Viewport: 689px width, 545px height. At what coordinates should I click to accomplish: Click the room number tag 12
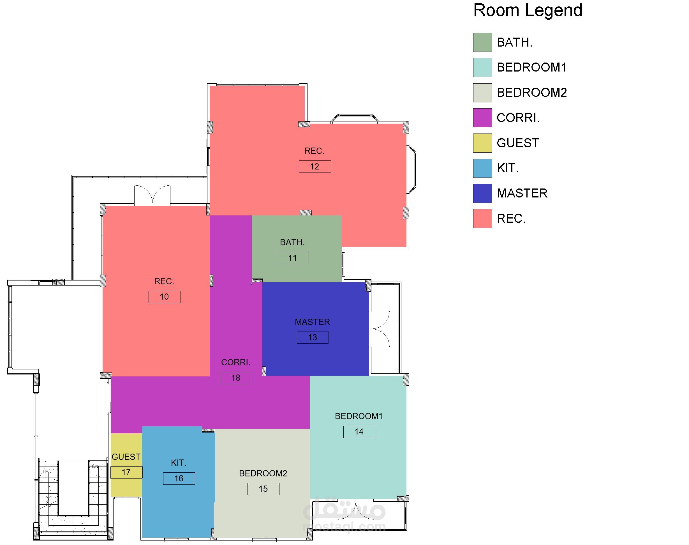[x=315, y=167]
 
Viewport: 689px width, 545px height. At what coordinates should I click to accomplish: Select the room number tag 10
[x=165, y=297]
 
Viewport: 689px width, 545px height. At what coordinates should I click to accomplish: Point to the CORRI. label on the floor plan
[x=236, y=362]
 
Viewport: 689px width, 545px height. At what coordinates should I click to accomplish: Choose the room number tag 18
[x=236, y=378]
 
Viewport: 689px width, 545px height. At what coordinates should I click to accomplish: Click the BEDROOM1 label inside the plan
[x=359, y=416]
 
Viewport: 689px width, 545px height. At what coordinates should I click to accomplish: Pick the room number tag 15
[x=263, y=489]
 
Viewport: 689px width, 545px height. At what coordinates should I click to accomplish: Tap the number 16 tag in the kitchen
[x=179, y=479]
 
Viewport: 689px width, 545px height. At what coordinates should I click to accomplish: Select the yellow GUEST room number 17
[x=126, y=473]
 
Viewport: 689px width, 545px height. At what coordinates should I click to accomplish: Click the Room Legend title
[x=528, y=10]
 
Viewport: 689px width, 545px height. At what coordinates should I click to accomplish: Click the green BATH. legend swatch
[x=482, y=42]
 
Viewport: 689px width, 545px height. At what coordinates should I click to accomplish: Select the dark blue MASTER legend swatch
[x=482, y=193]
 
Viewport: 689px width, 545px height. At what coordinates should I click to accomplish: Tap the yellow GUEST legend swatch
[x=482, y=143]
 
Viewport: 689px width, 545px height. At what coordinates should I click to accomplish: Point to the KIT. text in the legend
[x=508, y=168]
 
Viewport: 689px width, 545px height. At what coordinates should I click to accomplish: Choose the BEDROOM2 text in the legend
[x=532, y=93]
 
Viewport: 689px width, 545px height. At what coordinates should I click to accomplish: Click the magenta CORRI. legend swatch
[x=482, y=118]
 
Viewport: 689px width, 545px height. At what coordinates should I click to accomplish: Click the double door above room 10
[x=152, y=195]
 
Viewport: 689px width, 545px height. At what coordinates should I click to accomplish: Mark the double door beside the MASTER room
[x=380, y=329]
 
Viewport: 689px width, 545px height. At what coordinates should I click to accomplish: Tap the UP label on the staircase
[x=46, y=472]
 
